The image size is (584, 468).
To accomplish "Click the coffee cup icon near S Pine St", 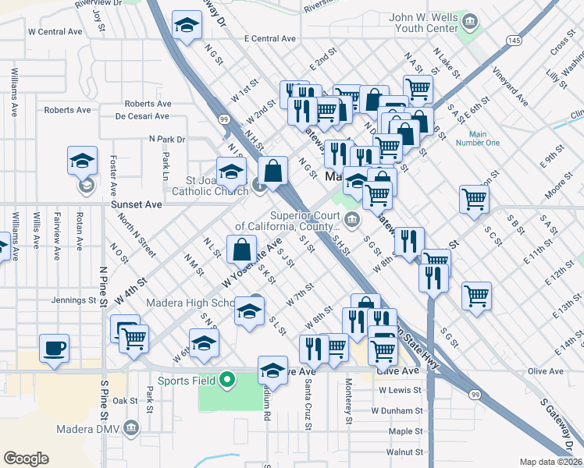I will (54, 348).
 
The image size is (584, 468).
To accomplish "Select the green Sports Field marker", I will (227, 381).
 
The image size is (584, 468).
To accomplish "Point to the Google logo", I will (26, 459).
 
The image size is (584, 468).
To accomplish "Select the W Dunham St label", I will (396, 410).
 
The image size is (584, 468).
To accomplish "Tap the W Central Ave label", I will (55, 32).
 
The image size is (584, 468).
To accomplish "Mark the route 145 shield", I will (512, 39).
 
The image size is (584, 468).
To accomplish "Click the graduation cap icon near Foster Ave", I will (82, 160).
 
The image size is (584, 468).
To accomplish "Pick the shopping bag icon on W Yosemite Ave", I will (242, 250).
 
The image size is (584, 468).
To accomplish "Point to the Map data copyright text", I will (550, 462).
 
